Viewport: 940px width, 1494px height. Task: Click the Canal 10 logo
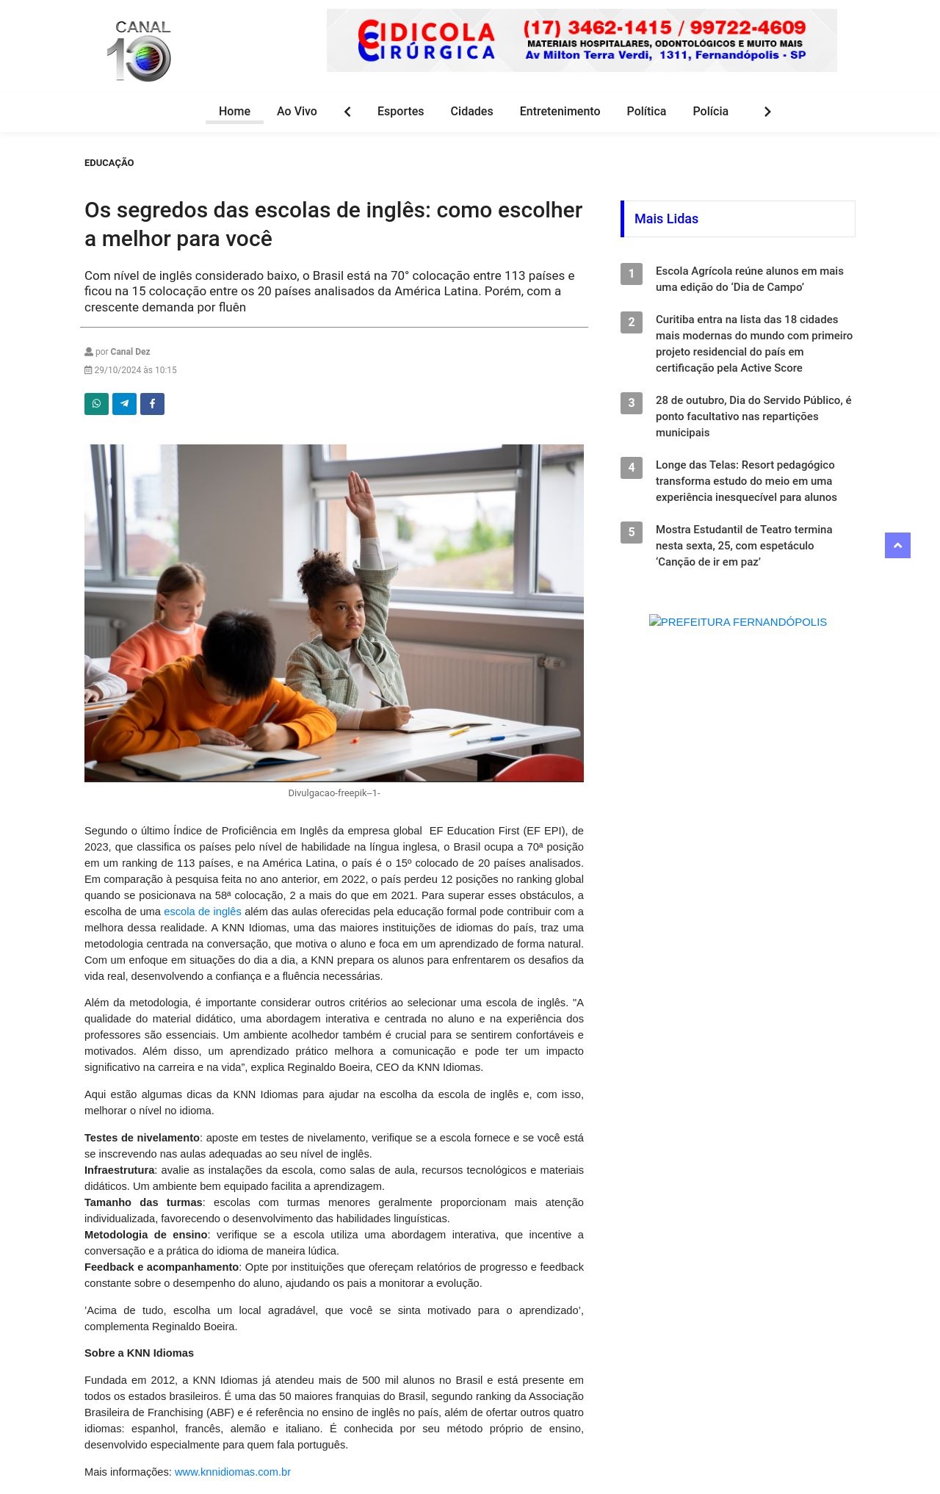tap(140, 51)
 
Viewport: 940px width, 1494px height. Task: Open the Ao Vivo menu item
tap(297, 112)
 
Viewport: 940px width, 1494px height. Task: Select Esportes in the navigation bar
tap(400, 112)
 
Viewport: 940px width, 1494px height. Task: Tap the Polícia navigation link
tap(710, 112)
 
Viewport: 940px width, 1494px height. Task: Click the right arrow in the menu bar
tap(767, 112)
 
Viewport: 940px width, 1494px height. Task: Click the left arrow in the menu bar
tap(347, 112)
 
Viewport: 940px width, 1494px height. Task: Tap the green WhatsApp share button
tap(96, 404)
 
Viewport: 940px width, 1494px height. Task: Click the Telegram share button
tap(124, 404)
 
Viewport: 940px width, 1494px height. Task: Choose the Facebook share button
tap(152, 404)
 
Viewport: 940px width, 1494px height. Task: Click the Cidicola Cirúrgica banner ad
tap(581, 40)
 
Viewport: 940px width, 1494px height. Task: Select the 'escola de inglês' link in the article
tap(203, 912)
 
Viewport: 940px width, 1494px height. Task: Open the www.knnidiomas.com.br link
tap(233, 1472)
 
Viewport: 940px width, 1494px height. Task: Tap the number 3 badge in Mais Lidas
tap(632, 403)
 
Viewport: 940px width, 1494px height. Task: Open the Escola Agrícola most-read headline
tap(749, 279)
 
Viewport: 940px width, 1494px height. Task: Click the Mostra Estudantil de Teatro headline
tap(743, 546)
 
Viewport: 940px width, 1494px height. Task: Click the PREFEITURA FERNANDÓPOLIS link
tap(738, 622)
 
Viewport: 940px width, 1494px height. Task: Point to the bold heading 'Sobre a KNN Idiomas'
tap(139, 1353)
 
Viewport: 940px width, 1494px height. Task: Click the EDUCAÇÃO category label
tap(109, 163)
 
